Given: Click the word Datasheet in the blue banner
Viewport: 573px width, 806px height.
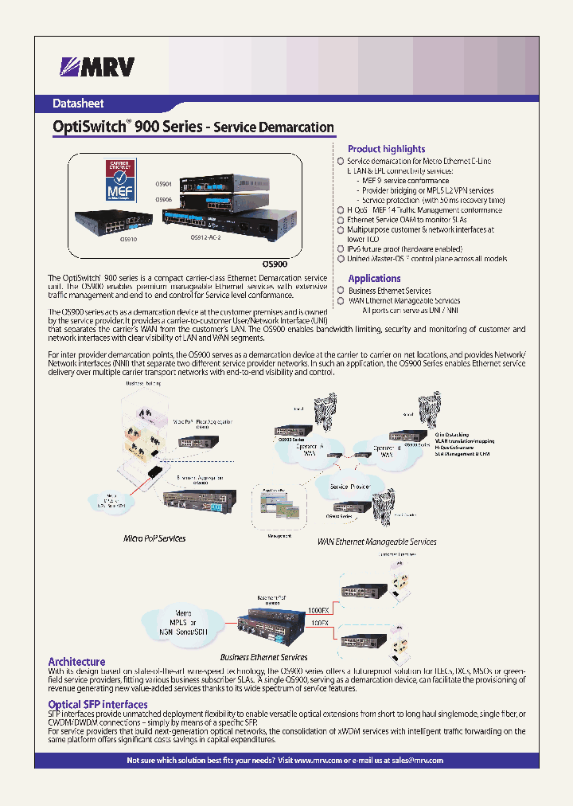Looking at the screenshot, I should click(x=78, y=104).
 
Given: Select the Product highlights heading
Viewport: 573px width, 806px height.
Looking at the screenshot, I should click(x=386, y=149).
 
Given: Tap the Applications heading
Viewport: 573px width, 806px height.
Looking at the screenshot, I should click(x=374, y=278).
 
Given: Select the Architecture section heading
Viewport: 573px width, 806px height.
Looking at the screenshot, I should click(x=76, y=662).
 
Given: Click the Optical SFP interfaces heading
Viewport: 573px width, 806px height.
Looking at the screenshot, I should click(x=98, y=704).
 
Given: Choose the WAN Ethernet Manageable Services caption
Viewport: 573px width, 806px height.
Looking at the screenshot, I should click(x=376, y=542).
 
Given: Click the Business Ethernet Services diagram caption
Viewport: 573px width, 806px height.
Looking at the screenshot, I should click(x=263, y=657).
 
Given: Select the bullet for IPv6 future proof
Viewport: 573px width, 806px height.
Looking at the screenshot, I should click(x=341, y=249).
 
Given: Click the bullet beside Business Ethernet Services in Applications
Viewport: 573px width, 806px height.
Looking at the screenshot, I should click(x=341, y=291).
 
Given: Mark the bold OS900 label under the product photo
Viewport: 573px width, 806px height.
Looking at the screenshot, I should click(x=275, y=264).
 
